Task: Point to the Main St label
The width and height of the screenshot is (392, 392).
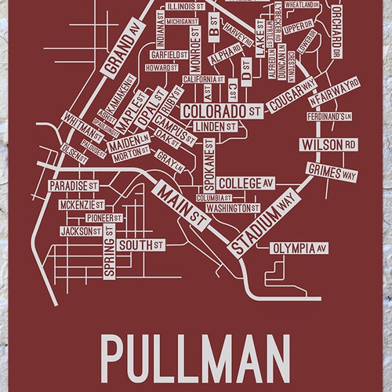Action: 181,205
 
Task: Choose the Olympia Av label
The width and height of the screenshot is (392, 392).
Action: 298,249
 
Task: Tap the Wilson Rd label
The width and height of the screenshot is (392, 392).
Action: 327,144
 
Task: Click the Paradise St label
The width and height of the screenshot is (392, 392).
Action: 73,186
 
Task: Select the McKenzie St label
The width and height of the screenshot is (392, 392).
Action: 82,204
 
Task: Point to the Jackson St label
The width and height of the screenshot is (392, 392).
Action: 81,232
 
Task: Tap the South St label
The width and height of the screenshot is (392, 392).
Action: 141,245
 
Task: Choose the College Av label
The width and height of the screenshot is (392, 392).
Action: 245,183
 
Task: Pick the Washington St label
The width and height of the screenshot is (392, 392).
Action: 233,209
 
